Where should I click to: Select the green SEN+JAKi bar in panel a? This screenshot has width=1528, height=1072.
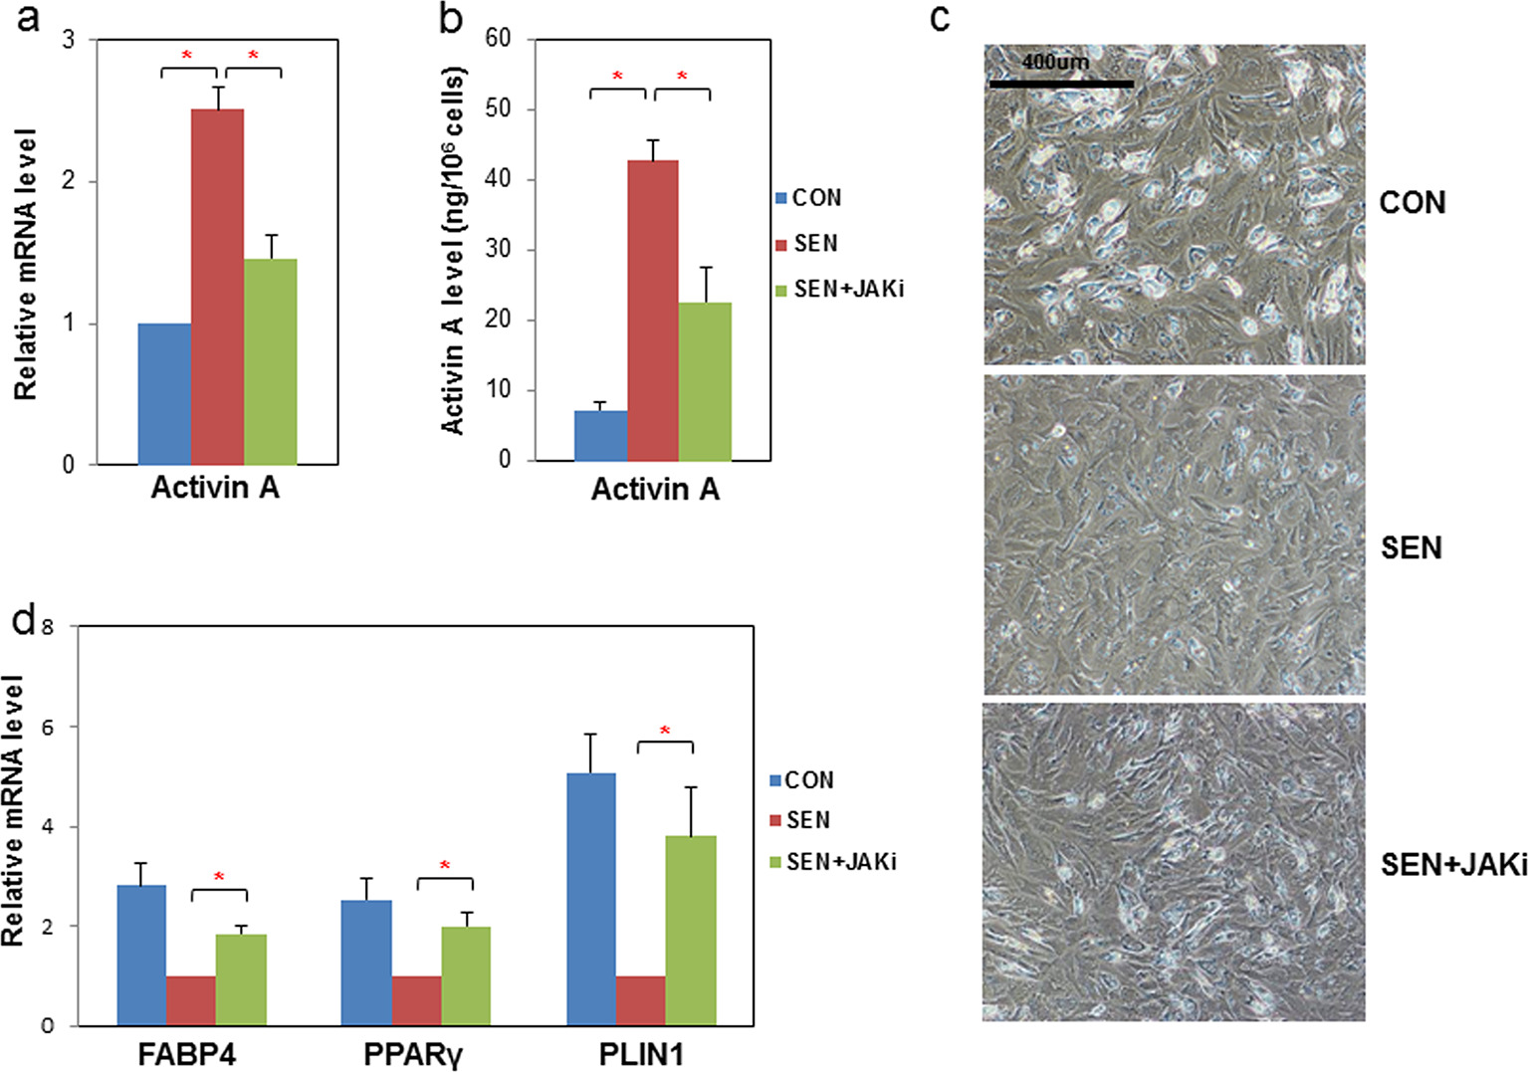pos(270,362)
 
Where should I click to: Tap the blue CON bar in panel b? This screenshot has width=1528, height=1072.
pos(600,436)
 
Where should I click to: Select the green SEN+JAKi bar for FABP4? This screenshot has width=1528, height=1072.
pos(241,979)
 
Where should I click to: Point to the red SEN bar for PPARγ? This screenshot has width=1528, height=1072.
pos(416,1000)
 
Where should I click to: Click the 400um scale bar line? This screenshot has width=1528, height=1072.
pos(1061,84)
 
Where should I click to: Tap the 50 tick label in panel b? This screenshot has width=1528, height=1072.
pos(498,108)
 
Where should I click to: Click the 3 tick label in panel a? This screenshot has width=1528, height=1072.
pos(69,40)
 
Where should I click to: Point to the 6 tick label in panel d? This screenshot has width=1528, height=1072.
pos(47,728)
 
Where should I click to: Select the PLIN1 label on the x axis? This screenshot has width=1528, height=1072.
pos(641,1054)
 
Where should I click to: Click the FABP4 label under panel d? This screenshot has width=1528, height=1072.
pos(187,1054)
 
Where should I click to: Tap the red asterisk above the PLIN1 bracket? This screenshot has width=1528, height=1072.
pos(665,732)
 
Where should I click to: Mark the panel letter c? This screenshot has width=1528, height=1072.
pos(940,18)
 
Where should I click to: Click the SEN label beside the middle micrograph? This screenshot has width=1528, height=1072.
pos(1411,547)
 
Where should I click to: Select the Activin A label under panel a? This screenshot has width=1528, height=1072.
pos(215,489)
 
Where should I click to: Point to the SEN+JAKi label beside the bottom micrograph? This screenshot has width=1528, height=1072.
pos(1452,865)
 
